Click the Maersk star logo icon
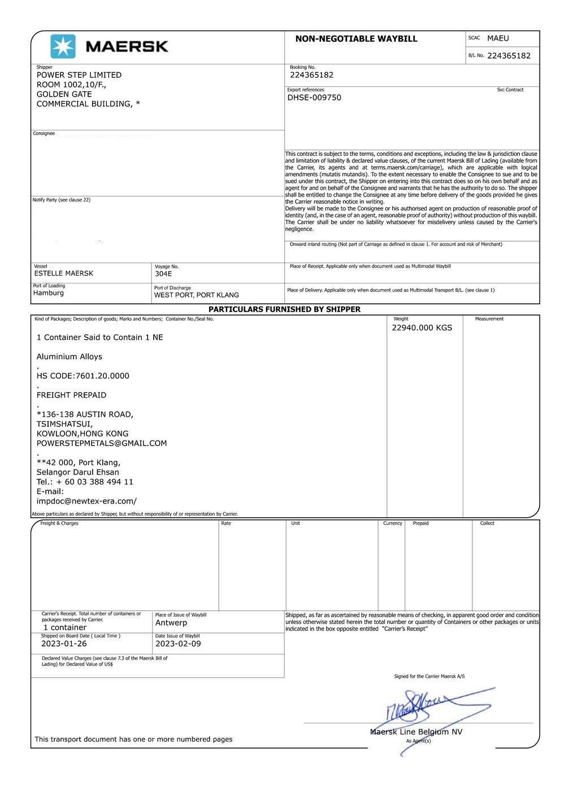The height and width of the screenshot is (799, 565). click(x=63, y=46)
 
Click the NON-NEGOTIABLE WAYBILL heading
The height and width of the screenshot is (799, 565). click(x=356, y=39)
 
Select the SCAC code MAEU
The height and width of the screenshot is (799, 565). click(x=498, y=38)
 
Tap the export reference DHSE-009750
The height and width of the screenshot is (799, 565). click(x=314, y=98)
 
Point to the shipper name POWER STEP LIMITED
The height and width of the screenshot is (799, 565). click(x=79, y=75)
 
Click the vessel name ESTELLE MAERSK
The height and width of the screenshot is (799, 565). click(x=64, y=273)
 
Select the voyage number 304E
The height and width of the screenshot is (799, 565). click(x=163, y=274)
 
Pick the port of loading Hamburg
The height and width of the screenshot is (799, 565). click(x=49, y=293)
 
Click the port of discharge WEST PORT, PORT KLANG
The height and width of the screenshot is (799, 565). click(x=197, y=295)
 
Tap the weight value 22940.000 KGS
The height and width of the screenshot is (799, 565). click(x=422, y=328)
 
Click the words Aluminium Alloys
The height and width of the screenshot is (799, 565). click(x=69, y=357)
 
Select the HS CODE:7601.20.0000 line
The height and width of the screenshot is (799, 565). click(x=83, y=376)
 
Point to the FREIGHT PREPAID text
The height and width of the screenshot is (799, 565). click(x=71, y=395)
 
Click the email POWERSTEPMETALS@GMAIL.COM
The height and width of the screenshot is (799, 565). click(x=102, y=443)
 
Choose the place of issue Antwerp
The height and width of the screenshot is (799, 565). click(x=171, y=623)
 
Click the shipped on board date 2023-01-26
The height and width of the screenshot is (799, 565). click(x=64, y=644)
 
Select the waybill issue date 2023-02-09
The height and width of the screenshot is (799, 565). click(x=178, y=644)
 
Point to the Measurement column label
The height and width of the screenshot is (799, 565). click(x=489, y=319)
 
